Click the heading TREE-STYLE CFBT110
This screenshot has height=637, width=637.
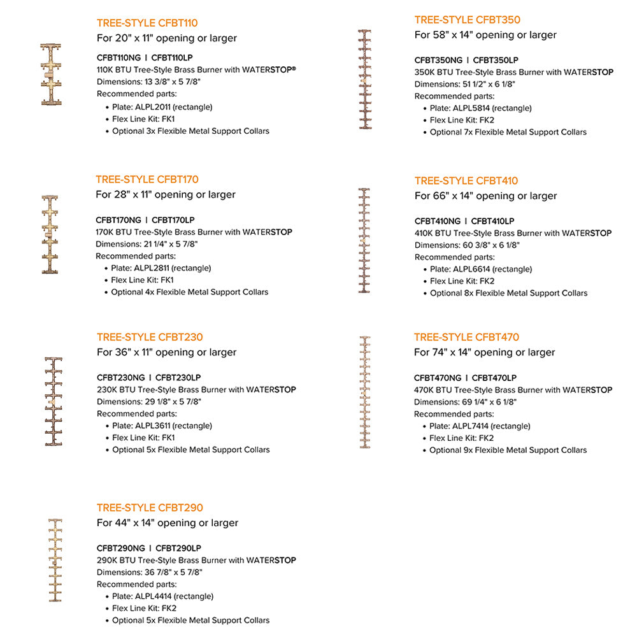(147, 24)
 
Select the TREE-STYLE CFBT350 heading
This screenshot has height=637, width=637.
(467, 20)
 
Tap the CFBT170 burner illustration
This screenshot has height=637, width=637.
(50, 235)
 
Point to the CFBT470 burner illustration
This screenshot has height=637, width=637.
(365, 392)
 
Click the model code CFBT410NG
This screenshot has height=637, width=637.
(438, 221)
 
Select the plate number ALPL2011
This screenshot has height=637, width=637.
(155, 107)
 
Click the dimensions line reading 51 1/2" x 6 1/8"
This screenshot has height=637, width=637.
(465, 84)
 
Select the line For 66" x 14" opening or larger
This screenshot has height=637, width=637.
(485, 196)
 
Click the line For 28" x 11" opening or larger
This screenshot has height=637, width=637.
(166, 194)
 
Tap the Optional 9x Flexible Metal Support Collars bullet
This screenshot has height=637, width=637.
(508, 450)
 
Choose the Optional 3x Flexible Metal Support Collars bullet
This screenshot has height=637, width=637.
(190, 131)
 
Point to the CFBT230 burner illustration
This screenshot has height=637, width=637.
(54, 401)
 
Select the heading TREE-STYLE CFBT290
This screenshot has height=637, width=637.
(150, 508)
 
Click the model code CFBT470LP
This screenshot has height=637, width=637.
(494, 378)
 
